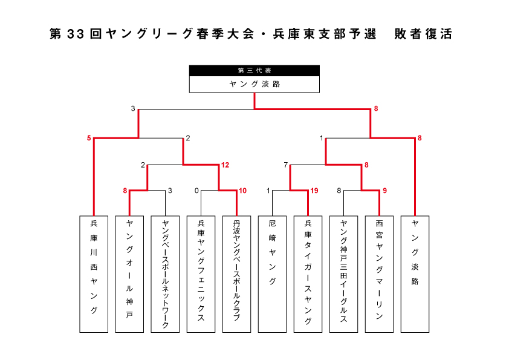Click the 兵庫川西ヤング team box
tap(94, 274)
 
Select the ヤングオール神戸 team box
tap(129, 274)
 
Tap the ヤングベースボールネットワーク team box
tap(165, 274)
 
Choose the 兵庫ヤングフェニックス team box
tap(201, 274)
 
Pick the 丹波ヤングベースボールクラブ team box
tap(236, 274)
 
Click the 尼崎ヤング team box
tap(272, 274)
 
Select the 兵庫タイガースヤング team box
tap(308, 274)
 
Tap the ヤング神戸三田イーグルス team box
tap(343, 274)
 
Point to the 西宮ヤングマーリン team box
tap(379, 274)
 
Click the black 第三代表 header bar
tap(254, 71)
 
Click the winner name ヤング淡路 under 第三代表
tap(254, 84)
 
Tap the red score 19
tap(314, 191)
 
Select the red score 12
tap(225, 165)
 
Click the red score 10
tap(242, 191)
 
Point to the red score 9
tap(384, 191)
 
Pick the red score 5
tap(89, 138)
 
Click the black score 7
tap(286, 165)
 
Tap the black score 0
tap(196, 191)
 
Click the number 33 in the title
tap(76, 34)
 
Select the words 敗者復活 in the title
tap(423, 34)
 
